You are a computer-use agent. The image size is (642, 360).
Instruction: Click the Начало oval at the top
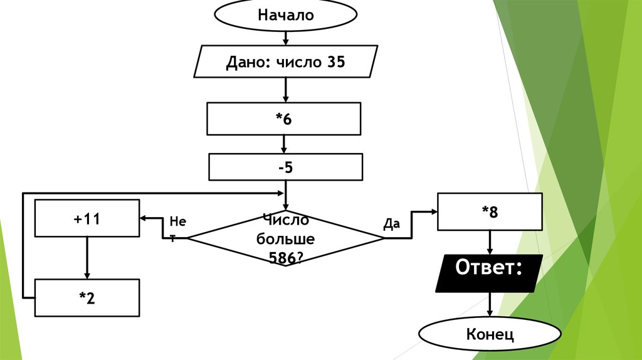coord(286,16)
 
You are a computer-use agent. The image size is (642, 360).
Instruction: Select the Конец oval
coord(490,334)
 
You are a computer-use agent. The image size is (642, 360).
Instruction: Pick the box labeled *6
coord(284,119)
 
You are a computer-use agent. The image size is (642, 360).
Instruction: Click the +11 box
coord(87,218)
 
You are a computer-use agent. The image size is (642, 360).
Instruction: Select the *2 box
coord(87,298)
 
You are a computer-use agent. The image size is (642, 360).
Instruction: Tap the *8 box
coord(490,212)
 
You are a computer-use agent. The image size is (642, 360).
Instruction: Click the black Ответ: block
coord(488,272)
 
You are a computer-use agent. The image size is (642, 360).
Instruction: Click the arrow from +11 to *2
coord(87,258)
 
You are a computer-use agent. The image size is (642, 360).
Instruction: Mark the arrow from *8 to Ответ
coord(490,242)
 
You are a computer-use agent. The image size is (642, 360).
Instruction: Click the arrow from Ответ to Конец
coord(490,306)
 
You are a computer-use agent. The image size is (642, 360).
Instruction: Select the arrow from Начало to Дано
coord(286,38)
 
